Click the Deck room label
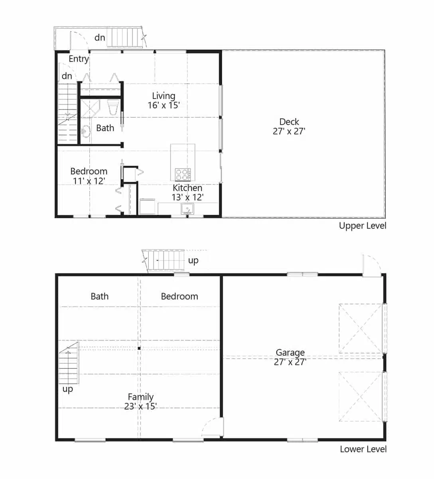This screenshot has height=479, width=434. point(289,122)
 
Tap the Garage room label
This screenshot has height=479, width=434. point(290,352)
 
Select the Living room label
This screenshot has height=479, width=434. point(164,96)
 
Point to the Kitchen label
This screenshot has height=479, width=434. point(187,188)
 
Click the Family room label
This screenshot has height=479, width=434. point(140,397)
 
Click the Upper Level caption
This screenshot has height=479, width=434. point(362,226)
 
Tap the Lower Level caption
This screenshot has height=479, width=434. point(363,449)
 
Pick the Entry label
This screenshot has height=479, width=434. point(78,59)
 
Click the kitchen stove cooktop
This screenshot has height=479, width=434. point(183,174)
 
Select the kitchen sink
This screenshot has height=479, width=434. point(187,209)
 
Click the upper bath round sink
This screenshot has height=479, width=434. point(85,131)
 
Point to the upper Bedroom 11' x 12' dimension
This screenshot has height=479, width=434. point(89,181)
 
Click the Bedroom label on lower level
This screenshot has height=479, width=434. point(179,296)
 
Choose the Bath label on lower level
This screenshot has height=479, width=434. point(99,296)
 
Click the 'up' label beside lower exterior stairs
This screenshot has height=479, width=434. point(193,261)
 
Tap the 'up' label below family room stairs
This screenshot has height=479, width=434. point(68,389)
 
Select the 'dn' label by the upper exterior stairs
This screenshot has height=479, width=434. point(100,38)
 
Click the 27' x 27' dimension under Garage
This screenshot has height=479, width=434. point(290,362)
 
